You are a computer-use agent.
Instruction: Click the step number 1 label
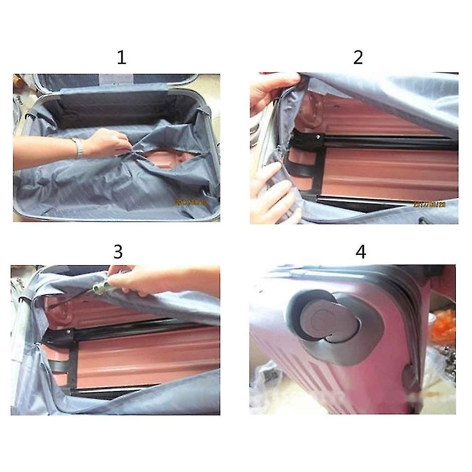[x=121, y=58]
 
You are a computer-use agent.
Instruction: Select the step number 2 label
[x=358, y=58]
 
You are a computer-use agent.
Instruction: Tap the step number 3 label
[x=118, y=252]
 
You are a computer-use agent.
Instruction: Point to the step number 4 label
[x=361, y=252]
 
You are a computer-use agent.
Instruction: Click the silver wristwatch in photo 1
[x=79, y=147]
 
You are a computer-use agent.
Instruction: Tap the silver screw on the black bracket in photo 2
[x=318, y=137]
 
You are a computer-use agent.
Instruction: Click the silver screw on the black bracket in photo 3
[x=69, y=331]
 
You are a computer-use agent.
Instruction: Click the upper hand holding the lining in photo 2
[x=272, y=92]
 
